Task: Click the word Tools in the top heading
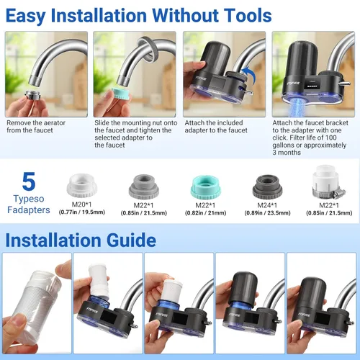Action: tap(241, 16)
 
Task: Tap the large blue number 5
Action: tap(29, 181)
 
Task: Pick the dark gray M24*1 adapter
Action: tap(267, 186)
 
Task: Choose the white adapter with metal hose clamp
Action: tap(328, 183)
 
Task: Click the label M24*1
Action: tap(267, 205)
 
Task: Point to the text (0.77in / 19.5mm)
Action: tap(82, 212)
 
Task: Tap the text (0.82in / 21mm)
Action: tap(205, 213)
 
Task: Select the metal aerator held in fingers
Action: tap(33, 96)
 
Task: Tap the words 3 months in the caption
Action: tap(287, 153)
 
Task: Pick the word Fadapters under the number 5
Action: tap(29, 210)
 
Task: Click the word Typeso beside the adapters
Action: tap(29, 199)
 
